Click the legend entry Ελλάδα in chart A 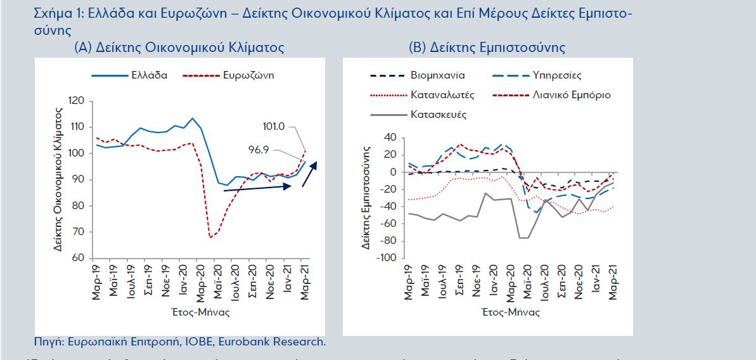pos(149,75)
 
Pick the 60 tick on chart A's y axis pos(79,258)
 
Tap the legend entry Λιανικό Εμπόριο pos(573,95)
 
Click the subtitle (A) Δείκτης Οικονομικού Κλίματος pos(179,48)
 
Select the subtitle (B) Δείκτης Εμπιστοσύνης pos(487,48)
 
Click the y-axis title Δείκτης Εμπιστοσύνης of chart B pos(368,197)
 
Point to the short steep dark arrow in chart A pos(309,173)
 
